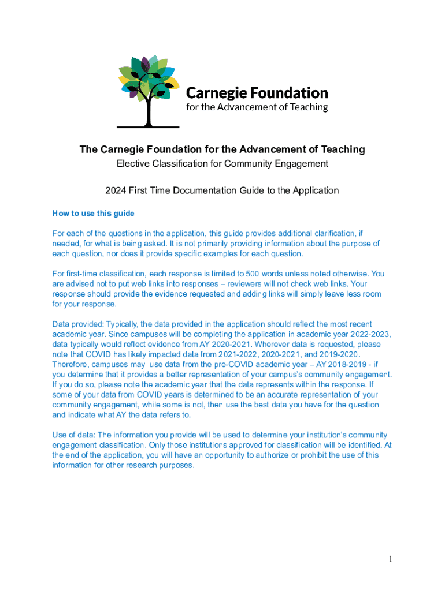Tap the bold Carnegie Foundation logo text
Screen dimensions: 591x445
[x=257, y=93]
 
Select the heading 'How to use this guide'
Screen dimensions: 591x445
[x=93, y=214]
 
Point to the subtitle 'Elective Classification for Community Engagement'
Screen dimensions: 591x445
[x=222, y=164]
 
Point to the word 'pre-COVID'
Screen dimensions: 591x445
[x=207, y=364]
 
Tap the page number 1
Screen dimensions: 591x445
[x=391, y=559]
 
